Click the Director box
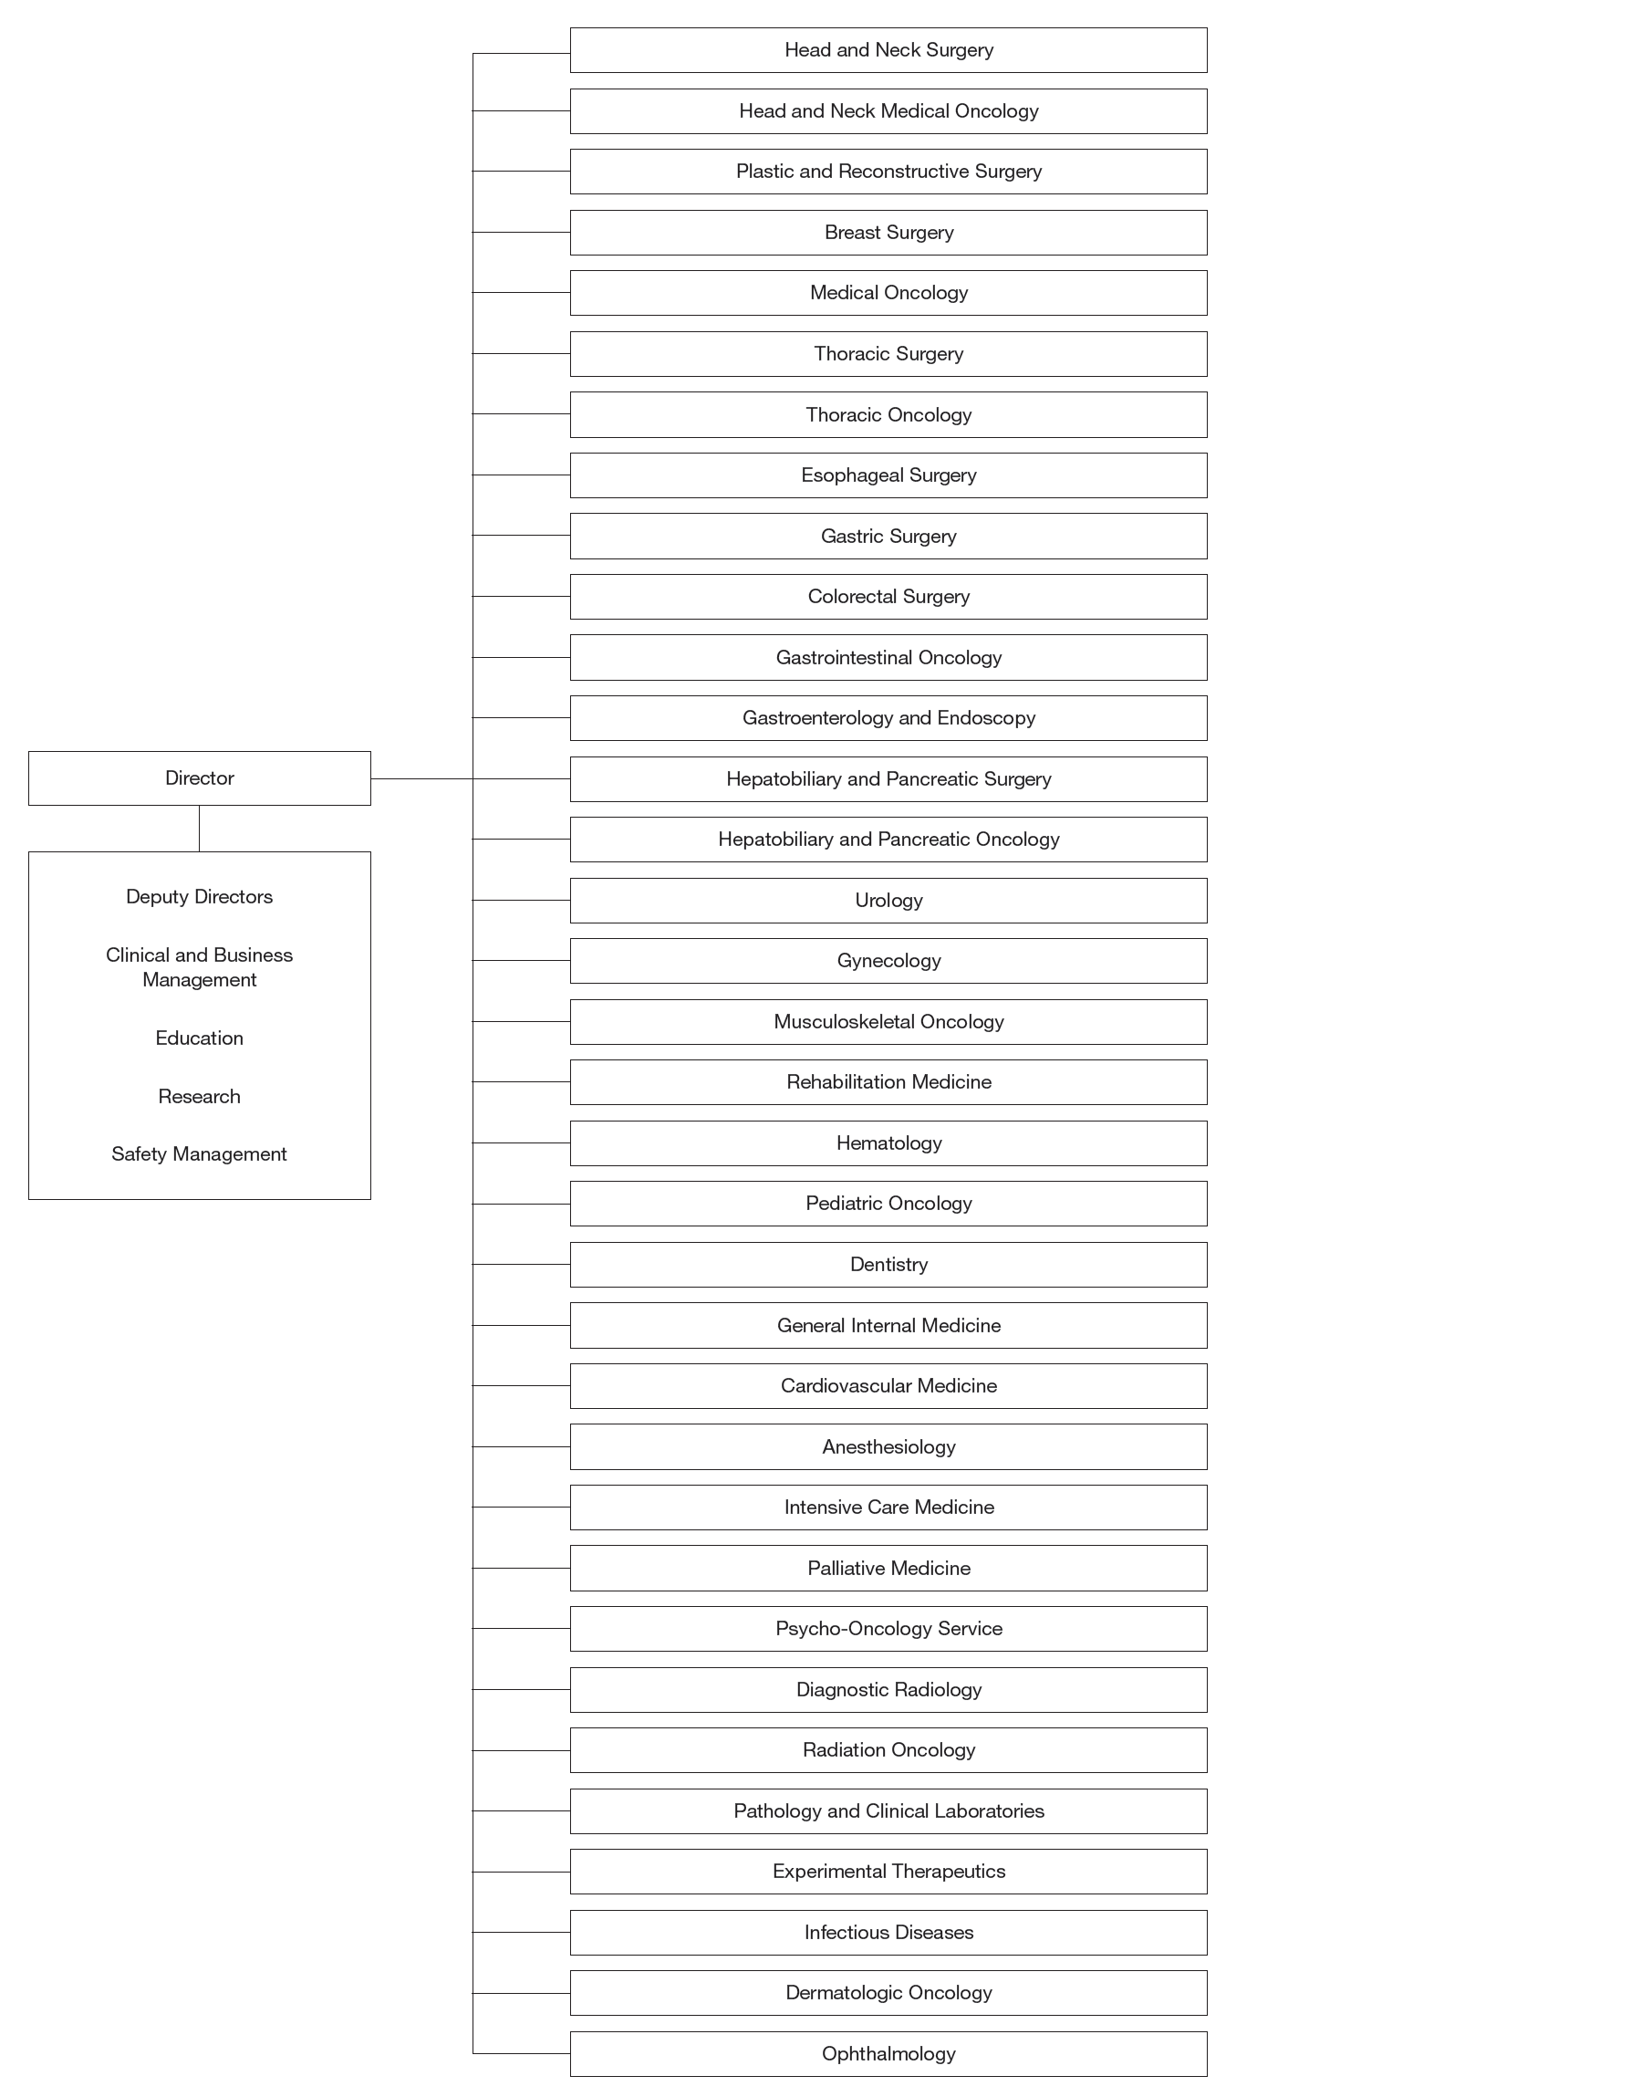tap(199, 777)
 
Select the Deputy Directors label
tap(199, 896)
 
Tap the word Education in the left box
tap(199, 1038)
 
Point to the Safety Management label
tap(199, 1153)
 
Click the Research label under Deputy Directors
tap(199, 1097)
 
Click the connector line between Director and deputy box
tap(199, 828)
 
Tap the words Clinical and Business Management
tap(199, 967)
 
